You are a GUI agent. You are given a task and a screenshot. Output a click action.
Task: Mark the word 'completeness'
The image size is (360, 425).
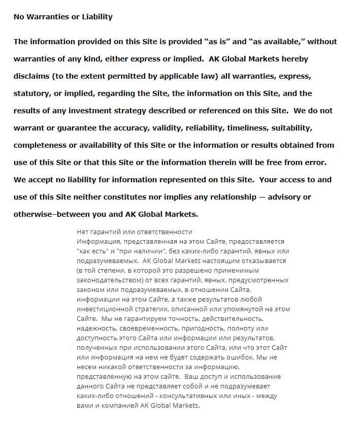pos(40,145)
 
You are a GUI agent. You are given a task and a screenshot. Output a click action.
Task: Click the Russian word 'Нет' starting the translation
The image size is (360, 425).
pos(82,232)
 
